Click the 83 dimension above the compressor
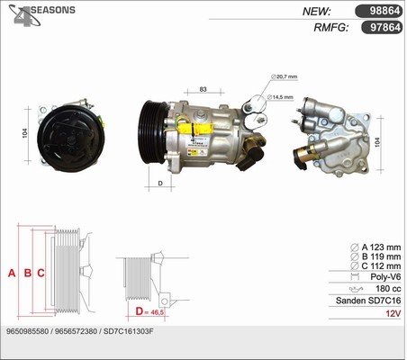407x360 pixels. [203, 89]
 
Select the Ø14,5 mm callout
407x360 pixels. [287, 96]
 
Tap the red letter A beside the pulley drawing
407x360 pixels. [12, 273]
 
